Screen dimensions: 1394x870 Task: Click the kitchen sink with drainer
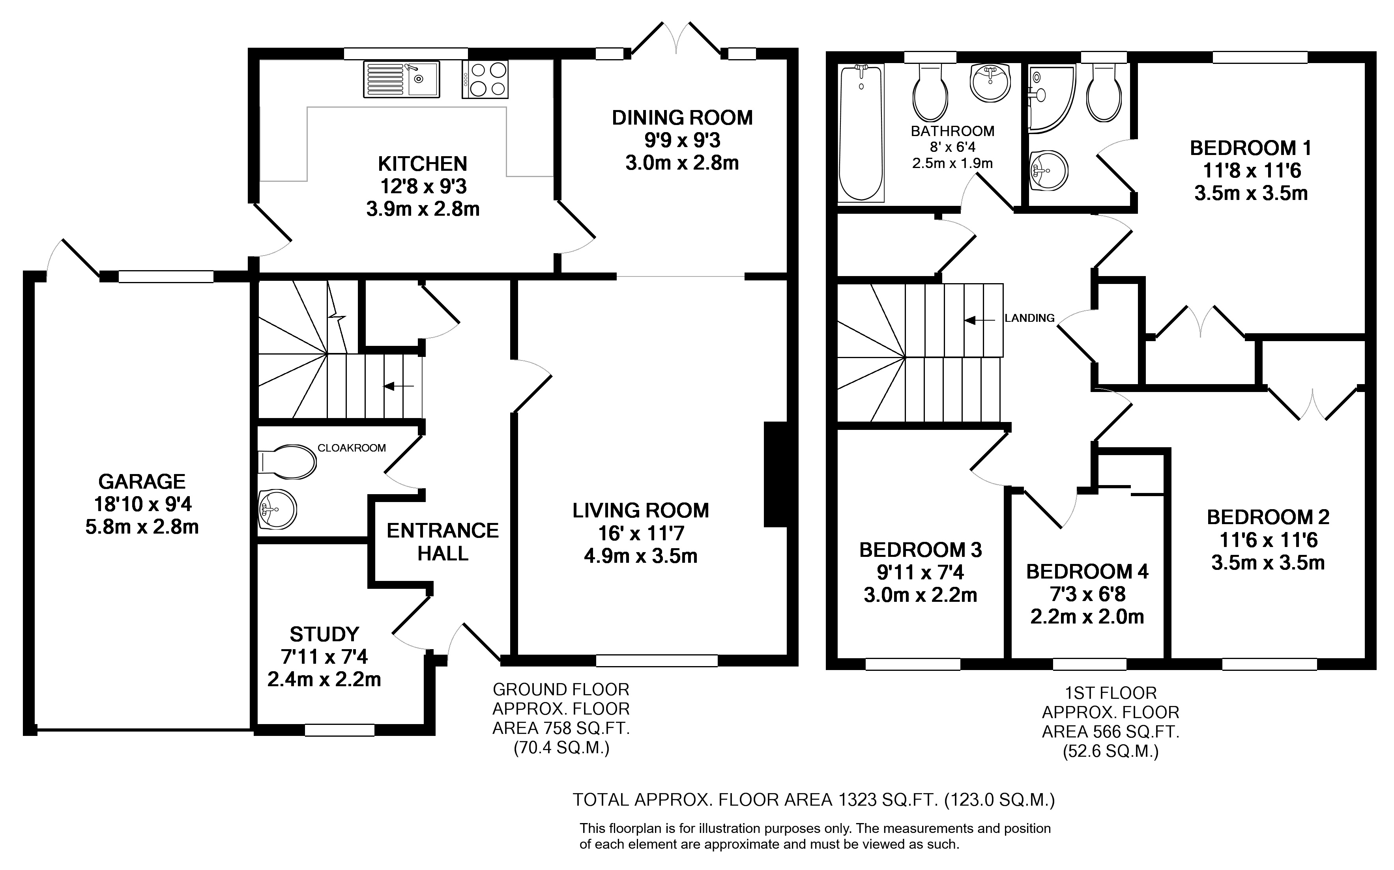(401, 79)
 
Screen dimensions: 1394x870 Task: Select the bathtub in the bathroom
(861, 133)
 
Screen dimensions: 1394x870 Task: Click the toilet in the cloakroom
(286, 461)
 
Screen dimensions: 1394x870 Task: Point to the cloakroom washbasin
(277, 509)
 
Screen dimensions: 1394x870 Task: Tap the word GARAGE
(142, 481)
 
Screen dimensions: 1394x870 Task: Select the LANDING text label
(1030, 317)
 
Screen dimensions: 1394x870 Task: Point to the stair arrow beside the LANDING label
(980, 320)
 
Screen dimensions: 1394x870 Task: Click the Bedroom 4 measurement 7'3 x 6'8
(1087, 594)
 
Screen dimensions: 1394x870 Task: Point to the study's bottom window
(340, 730)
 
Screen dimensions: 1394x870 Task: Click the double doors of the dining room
(676, 39)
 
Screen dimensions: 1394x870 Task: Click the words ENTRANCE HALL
(443, 541)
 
